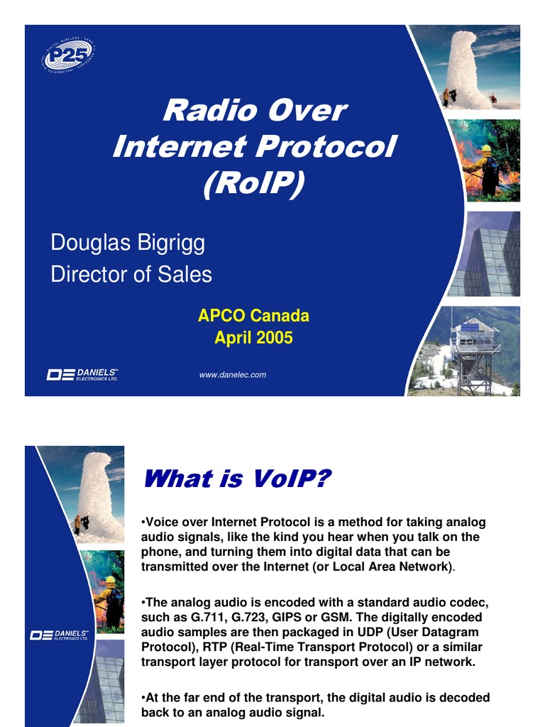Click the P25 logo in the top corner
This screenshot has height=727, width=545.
point(69,55)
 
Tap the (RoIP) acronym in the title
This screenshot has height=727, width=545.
point(253,183)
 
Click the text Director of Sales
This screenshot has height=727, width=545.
point(131,274)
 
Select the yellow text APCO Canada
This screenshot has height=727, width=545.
point(253,316)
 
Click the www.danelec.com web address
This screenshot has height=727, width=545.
point(233,374)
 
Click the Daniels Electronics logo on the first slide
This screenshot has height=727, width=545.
point(82,374)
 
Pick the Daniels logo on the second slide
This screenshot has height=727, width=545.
point(59,634)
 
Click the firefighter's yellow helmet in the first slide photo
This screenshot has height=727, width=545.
point(486,148)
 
